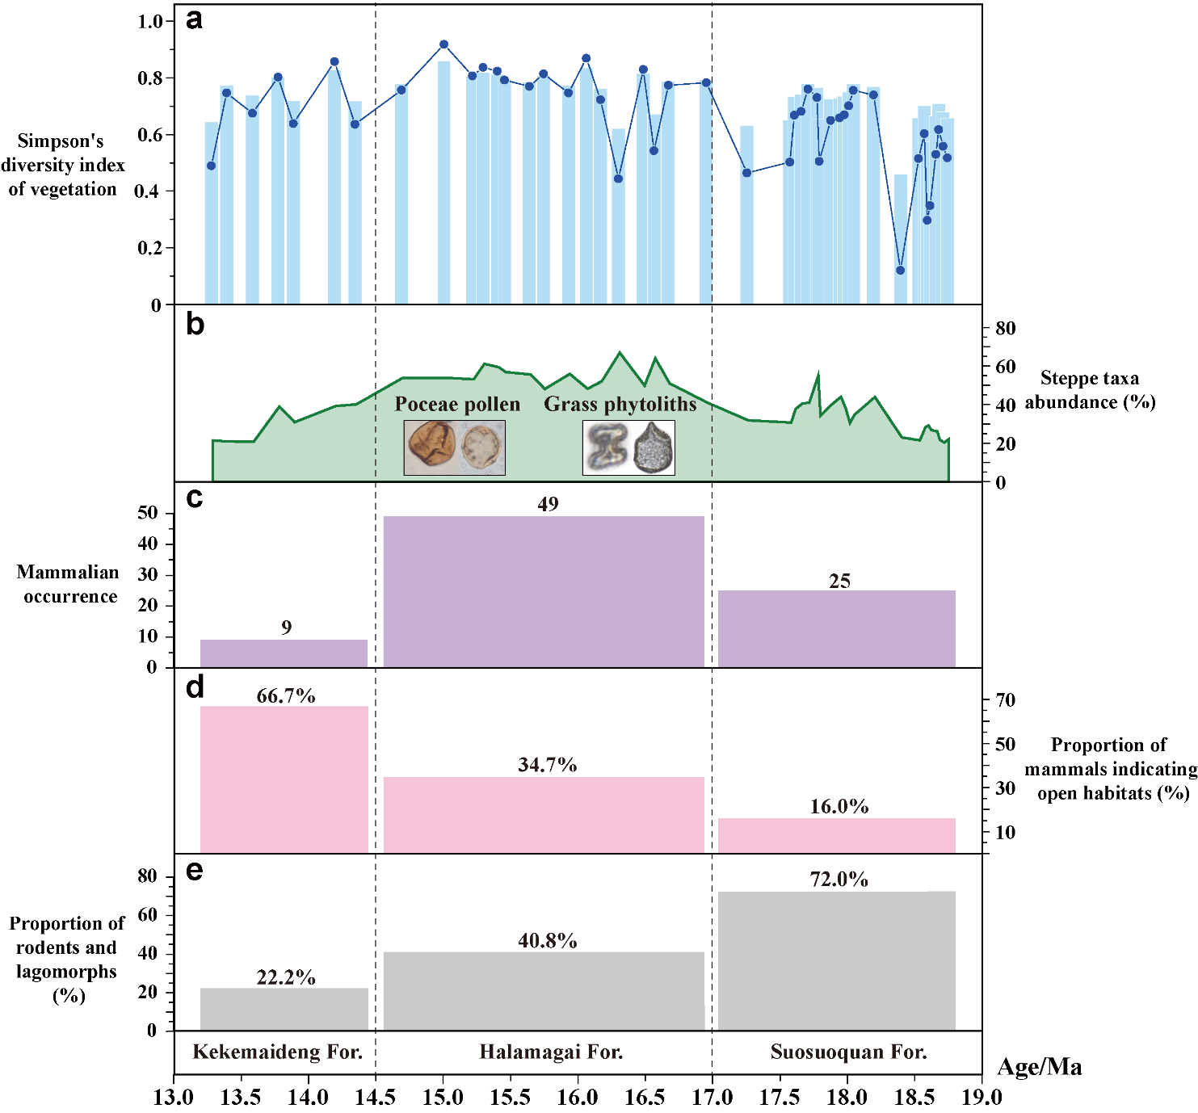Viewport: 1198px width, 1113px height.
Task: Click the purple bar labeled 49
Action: [544, 591]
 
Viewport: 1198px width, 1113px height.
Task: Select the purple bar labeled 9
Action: [284, 653]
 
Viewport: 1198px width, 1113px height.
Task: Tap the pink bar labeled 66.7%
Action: [284, 779]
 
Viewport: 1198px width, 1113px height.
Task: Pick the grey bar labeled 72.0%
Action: [836, 960]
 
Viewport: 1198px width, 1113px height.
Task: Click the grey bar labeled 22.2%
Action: [284, 1009]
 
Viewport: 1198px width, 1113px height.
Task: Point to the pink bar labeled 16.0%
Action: [836, 835]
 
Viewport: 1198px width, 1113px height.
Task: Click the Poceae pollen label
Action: [457, 404]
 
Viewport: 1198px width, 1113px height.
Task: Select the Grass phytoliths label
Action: [620, 404]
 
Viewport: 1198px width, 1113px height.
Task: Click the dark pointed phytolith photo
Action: [654, 448]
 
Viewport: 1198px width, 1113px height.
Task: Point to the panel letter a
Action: [194, 19]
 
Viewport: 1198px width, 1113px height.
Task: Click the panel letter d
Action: [195, 687]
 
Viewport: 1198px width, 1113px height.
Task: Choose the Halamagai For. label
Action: [551, 1052]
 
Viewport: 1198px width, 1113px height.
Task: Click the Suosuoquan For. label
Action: [848, 1052]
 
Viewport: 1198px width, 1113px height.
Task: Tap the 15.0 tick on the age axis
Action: [443, 1097]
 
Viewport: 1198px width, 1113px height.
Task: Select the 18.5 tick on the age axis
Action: [914, 1097]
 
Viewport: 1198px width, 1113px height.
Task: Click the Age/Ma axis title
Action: [1040, 1067]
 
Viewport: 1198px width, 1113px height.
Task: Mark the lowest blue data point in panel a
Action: [901, 270]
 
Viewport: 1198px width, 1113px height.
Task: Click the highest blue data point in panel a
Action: [443, 44]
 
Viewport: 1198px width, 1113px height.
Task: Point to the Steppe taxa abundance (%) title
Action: [1090, 390]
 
